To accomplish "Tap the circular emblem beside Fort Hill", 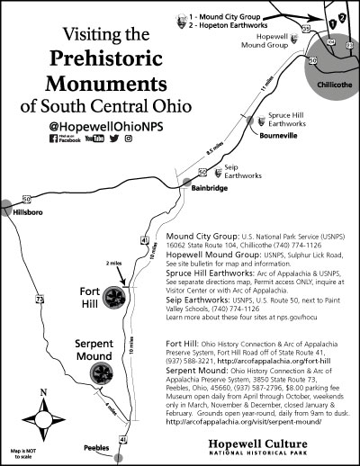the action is [x=117, y=299].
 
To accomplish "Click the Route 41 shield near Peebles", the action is [x=123, y=439].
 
